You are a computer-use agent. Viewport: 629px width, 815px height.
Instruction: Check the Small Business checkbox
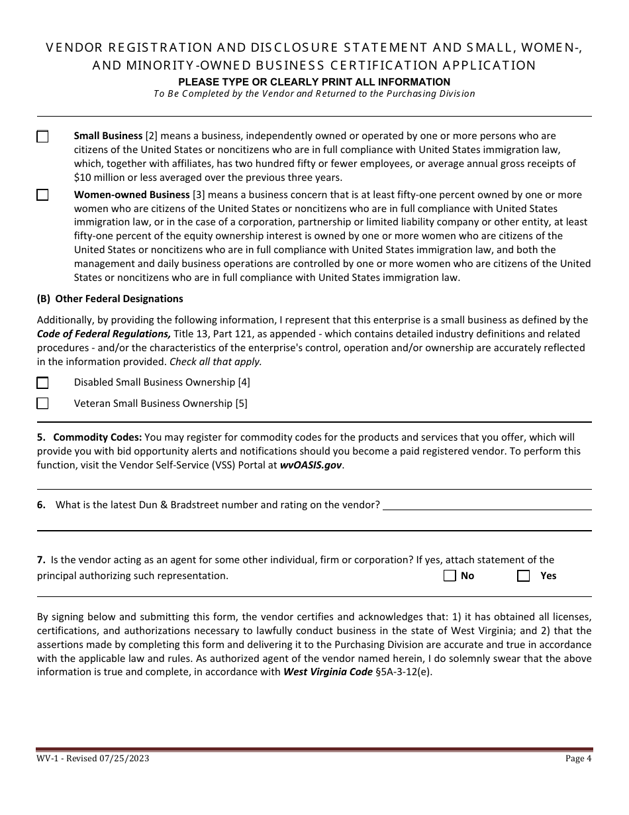[42, 136]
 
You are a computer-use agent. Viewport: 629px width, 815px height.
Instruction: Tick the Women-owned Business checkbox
[42, 195]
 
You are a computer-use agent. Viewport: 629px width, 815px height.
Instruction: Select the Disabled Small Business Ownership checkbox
[42, 382]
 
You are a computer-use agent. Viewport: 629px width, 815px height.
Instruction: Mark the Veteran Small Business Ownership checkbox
[42, 403]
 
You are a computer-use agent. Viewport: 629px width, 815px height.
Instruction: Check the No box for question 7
[450, 576]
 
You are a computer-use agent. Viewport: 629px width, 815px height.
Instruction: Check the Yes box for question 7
[523, 576]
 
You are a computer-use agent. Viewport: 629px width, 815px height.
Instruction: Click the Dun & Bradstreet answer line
[487, 505]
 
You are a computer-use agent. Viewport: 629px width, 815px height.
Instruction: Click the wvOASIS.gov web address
[311, 465]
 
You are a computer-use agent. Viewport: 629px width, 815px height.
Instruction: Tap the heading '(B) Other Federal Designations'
[110, 299]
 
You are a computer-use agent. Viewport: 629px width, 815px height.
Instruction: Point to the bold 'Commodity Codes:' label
[97, 437]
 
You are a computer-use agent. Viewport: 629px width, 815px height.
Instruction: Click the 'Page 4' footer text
[579, 759]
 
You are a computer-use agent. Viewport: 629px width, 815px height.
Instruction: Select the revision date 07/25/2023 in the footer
[126, 759]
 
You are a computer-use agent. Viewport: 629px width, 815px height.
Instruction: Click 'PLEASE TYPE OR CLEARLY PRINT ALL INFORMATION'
[314, 82]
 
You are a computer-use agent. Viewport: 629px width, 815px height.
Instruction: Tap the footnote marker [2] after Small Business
[151, 136]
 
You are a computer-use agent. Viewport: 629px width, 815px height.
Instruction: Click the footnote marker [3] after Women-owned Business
[199, 195]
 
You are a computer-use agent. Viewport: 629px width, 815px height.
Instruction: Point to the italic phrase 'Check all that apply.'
[216, 362]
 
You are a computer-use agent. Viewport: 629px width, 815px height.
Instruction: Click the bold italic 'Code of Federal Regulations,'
[104, 334]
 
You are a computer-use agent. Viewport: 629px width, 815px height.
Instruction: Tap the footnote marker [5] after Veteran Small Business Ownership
[241, 404]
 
